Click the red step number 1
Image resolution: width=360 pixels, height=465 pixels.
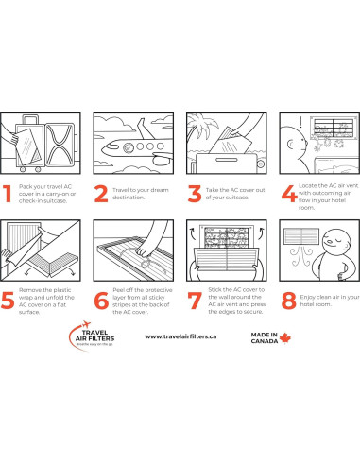click(x=7, y=193)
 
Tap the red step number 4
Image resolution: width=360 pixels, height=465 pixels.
click(x=289, y=193)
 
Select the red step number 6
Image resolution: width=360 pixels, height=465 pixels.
click(x=101, y=301)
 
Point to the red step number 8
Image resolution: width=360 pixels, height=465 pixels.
click(x=288, y=301)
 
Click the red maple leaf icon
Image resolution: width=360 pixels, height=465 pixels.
click(x=285, y=338)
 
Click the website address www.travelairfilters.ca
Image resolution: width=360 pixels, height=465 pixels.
click(x=180, y=336)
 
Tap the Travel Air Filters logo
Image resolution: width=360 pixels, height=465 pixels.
click(x=92, y=336)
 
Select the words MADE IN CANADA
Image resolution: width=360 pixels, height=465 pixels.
click(x=265, y=337)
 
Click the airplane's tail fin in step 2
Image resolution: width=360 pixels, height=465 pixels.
click(x=144, y=129)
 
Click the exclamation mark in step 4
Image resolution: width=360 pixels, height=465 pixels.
click(x=301, y=122)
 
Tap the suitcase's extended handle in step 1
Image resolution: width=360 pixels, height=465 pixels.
click(x=30, y=119)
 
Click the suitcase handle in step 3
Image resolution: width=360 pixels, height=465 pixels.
click(x=227, y=160)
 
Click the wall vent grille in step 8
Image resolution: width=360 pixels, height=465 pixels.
click(x=301, y=236)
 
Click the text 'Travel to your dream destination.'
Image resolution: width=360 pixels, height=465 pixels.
click(x=141, y=194)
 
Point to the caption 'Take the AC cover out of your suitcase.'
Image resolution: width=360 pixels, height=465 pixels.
click(x=235, y=194)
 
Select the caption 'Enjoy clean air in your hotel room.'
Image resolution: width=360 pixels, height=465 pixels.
click(x=330, y=301)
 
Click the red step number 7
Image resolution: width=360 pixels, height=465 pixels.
click(x=195, y=301)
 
